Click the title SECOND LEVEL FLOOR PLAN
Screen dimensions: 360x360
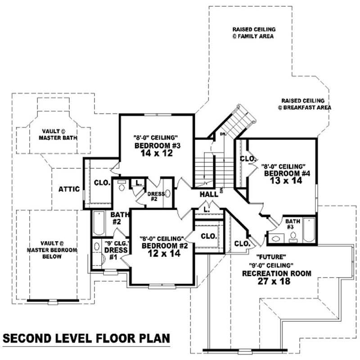click(85, 337)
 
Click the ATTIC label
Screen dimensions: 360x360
click(69, 189)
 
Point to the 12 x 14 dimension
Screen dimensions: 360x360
click(161, 253)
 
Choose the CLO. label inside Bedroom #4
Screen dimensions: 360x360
click(248, 159)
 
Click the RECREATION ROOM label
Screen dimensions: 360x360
click(276, 273)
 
